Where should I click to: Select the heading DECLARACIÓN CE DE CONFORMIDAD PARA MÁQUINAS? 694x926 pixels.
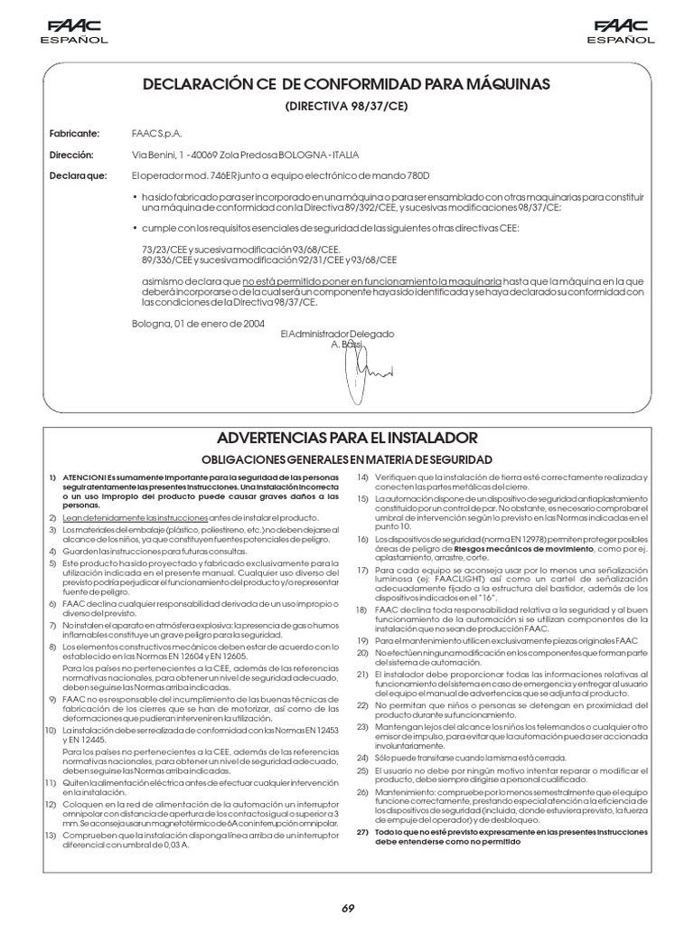click(346, 84)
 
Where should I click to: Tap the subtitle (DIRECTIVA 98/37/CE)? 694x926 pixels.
click(346, 106)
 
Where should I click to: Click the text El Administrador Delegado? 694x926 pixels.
click(338, 334)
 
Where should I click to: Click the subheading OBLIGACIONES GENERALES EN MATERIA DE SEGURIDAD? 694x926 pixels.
click(346, 459)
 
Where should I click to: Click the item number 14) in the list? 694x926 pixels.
click(362, 477)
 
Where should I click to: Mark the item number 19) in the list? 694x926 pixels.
click(362, 639)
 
